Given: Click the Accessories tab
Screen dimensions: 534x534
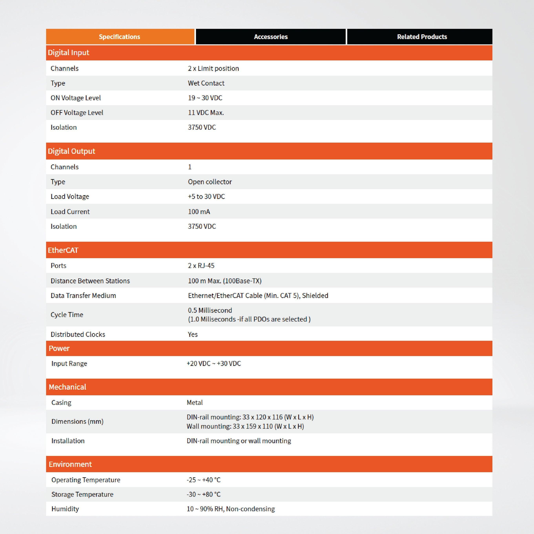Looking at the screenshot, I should [x=271, y=37].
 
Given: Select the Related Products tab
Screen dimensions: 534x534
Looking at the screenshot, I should [x=422, y=37].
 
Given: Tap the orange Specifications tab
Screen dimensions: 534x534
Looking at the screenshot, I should [x=120, y=37].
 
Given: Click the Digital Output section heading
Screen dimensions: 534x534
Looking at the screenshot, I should [x=71, y=151].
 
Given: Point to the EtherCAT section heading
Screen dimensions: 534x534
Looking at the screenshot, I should [x=63, y=250].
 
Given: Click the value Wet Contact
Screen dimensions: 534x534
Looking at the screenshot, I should [x=206, y=83].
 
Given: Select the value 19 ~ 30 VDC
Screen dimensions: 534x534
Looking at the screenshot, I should [x=205, y=98].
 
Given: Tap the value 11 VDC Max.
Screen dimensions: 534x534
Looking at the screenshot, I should [x=206, y=112].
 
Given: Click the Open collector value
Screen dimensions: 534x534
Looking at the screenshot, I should [x=210, y=182].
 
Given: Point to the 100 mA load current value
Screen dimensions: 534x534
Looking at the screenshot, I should [x=199, y=212].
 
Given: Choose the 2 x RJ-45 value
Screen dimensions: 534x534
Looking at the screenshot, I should [x=201, y=266].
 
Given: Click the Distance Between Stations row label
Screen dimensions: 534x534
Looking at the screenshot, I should [x=90, y=281].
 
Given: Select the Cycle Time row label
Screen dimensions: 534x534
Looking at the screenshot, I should [x=67, y=314].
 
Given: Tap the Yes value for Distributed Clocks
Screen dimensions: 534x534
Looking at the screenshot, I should [x=193, y=334].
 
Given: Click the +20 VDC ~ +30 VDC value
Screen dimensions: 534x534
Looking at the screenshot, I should [x=214, y=364].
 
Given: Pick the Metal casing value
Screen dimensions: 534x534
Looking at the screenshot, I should [x=195, y=402].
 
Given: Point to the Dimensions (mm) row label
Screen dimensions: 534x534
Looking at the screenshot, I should [x=77, y=422].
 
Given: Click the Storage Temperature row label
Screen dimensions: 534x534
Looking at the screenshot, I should [x=82, y=495].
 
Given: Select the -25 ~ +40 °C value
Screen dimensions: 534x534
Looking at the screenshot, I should [x=203, y=480].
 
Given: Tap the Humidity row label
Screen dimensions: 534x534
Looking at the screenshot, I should [x=65, y=509].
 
